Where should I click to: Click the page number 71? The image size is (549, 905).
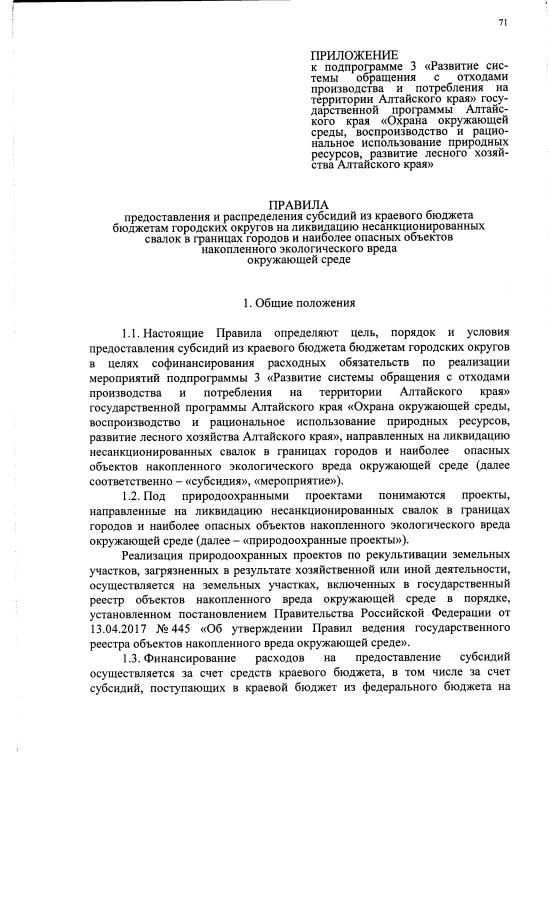click(x=502, y=23)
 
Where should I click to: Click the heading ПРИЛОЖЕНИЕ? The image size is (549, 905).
click(x=354, y=54)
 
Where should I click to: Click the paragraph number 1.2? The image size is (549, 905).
click(x=131, y=496)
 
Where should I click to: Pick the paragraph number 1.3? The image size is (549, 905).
click(x=131, y=660)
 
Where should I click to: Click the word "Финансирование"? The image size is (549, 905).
click(x=198, y=660)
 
